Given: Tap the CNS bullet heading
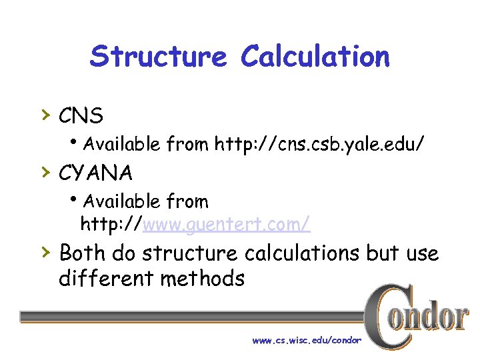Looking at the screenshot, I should coord(81,116).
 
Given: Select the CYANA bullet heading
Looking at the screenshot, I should coord(95,173).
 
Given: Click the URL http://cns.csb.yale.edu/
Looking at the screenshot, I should coord(319,143).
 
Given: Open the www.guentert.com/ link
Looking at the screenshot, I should coord(226,225).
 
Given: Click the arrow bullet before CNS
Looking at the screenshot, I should coord(45,115).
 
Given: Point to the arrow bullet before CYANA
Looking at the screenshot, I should coord(45,172).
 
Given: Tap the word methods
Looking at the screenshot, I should coord(203,277).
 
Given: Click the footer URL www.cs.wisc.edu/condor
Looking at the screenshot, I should coord(307,340).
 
